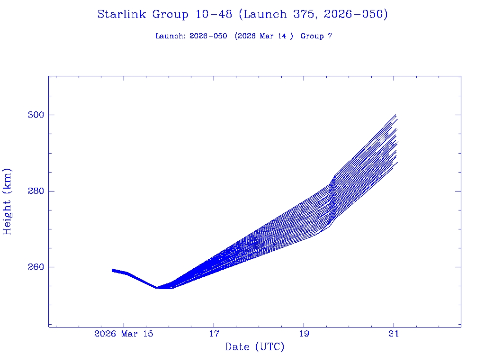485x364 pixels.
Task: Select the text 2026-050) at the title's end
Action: pos(356,15)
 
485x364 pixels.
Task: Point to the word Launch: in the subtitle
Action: pos(171,36)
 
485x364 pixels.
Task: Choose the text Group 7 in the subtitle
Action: pos(316,36)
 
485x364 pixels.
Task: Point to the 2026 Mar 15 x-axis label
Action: pos(124,334)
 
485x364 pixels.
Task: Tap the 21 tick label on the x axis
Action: pos(394,334)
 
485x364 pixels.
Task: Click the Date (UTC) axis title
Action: pos(255,347)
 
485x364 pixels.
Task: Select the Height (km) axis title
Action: pos(7,201)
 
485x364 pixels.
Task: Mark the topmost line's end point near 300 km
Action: pos(395,115)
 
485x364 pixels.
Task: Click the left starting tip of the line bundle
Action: pos(112,270)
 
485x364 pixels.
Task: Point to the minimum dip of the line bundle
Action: pos(156,288)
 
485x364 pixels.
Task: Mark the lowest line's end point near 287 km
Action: pos(397,163)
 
